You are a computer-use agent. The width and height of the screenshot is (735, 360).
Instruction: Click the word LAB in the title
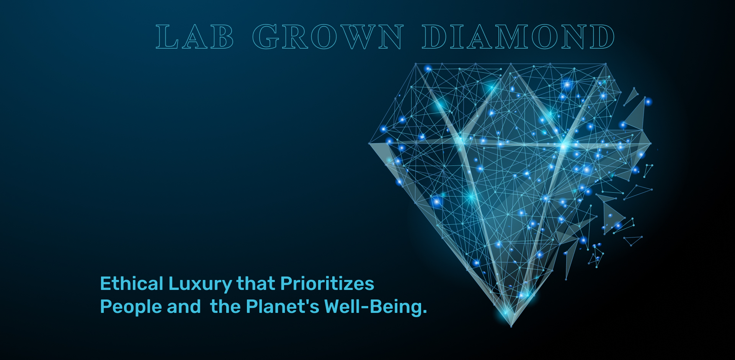pyautogui.click(x=194, y=37)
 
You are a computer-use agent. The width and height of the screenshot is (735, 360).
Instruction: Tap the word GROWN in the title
pyautogui.click(x=328, y=37)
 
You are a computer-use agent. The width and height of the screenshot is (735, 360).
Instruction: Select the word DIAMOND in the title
pyautogui.click(x=518, y=37)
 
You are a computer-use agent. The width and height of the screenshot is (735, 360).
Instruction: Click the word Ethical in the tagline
pyautogui.click(x=132, y=284)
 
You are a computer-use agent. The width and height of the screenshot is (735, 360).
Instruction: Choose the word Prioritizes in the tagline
pyautogui.click(x=327, y=284)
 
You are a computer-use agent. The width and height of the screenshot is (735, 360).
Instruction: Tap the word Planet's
pyautogui.click(x=283, y=307)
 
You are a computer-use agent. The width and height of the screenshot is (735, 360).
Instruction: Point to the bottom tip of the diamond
pyautogui.click(x=511, y=327)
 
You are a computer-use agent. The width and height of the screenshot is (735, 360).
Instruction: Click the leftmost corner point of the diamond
pyautogui.click(x=369, y=144)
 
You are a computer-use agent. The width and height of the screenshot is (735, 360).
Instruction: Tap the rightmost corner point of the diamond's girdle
pyautogui.click(x=651, y=144)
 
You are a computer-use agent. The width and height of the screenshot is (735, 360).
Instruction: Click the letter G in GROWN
pyautogui.click(x=265, y=37)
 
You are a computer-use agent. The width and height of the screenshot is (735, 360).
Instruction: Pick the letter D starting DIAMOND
pyautogui.click(x=434, y=37)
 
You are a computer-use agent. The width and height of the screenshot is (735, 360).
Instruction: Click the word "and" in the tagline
pyautogui.click(x=184, y=307)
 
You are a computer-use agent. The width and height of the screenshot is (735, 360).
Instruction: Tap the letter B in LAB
pyautogui.click(x=222, y=37)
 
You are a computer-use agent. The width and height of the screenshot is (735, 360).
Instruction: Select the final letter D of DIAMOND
pyautogui.click(x=602, y=37)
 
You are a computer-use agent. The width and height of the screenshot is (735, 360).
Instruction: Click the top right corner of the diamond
pyautogui.click(x=606, y=64)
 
